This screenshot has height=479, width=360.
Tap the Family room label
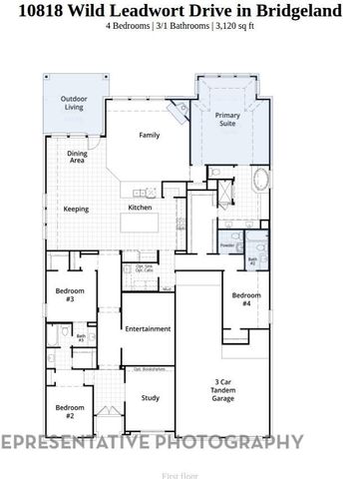[150, 135]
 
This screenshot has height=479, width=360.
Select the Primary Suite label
[228, 121]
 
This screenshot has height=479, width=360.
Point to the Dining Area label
[78, 157]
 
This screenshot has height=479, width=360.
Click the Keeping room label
[76, 209]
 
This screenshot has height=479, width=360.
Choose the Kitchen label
[140, 208]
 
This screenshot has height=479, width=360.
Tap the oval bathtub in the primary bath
[261, 181]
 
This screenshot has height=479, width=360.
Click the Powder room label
[226, 243]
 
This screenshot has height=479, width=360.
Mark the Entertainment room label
[147, 328]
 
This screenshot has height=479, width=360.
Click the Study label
[150, 397]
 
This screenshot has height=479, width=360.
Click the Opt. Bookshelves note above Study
[149, 369]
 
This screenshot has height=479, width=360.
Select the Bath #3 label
[81, 337]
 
